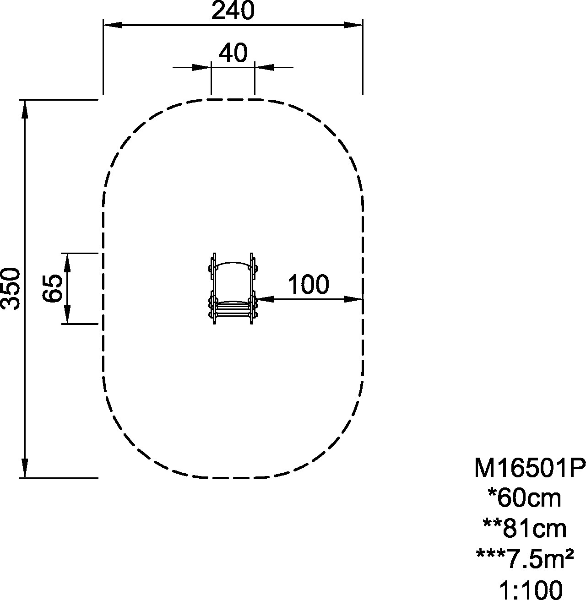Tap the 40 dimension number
233,53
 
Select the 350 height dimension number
11,289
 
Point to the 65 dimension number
53,288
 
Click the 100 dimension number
309,284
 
